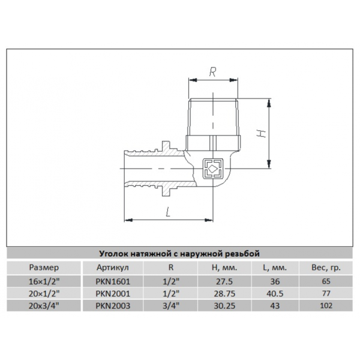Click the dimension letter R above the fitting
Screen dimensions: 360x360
click(x=212, y=71)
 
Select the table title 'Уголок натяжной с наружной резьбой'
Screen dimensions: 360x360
click(x=180, y=253)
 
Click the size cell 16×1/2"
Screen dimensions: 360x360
click(x=43, y=280)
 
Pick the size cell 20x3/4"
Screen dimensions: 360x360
click(x=43, y=305)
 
